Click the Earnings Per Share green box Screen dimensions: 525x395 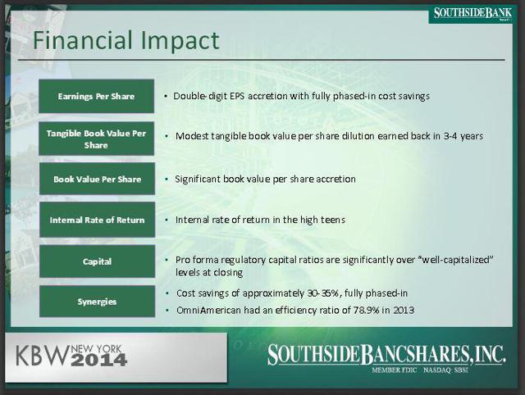tap(97, 96)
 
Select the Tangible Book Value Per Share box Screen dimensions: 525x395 tap(97, 138)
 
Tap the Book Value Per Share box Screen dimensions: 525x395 tap(97, 179)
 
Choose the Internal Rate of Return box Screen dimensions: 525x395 tap(97, 220)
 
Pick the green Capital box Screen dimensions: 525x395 tap(97, 261)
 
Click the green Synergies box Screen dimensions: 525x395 tap(97, 302)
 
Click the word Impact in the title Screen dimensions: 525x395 tap(180, 41)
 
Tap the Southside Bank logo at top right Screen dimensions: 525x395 tap(472, 14)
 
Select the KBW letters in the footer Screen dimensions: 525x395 tap(42, 356)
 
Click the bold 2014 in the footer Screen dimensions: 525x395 tap(99, 360)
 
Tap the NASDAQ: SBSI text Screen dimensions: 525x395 tap(445, 370)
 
